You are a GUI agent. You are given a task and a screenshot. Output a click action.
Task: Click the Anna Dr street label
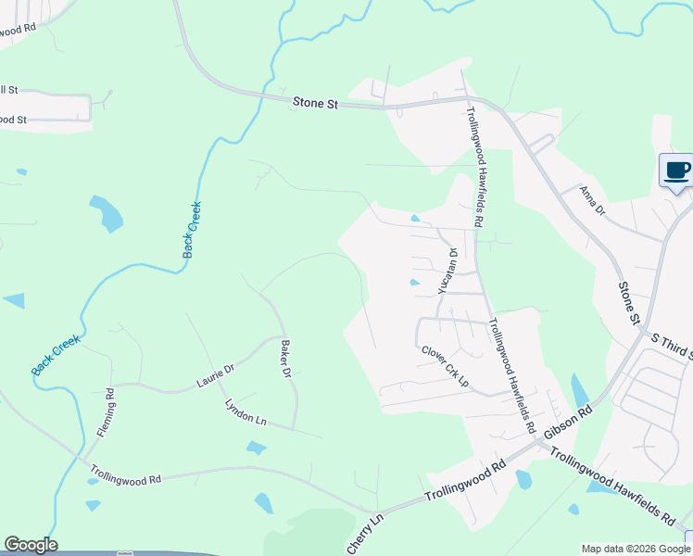pos(591,200)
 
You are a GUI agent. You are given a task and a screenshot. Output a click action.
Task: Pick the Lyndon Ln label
pos(246,412)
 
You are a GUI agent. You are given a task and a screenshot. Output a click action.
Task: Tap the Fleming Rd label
pos(106,412)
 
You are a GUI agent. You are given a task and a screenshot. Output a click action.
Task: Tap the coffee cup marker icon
pos(676,171)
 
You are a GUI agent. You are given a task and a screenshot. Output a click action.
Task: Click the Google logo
pos(31,545)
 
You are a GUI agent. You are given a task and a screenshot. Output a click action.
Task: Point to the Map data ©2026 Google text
pos(635,549)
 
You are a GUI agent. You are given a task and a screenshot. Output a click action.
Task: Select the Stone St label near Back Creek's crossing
pos(315,103)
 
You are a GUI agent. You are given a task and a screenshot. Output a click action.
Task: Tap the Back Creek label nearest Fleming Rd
pos(56,355)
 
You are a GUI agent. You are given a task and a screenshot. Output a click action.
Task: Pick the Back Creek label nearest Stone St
pos(192,229)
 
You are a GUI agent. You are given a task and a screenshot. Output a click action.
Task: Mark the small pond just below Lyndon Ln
pos(257,448)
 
